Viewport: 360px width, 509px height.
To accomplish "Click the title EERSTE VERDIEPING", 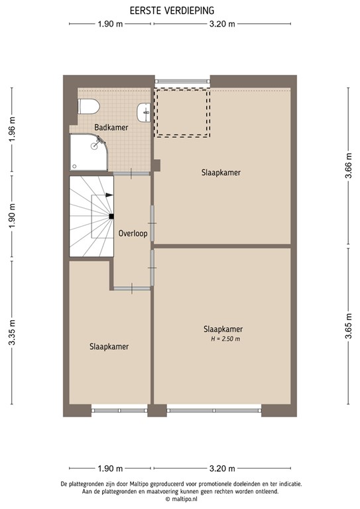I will tap(176, 10).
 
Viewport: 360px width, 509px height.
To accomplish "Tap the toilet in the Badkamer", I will tap(88, 105).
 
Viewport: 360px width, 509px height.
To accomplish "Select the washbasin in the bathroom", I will tap(145, 113).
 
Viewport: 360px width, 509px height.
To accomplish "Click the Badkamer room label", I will tap(111, 127).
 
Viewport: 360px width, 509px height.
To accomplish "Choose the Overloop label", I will tap(132, 234).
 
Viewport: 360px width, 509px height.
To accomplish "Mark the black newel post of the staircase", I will tap(111, 216).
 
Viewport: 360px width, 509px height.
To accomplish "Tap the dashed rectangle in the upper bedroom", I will tap(182, 111).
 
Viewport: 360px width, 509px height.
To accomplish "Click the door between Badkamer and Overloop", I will tap(132, 174).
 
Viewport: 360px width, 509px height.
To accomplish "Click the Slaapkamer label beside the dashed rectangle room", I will tap(221, 172).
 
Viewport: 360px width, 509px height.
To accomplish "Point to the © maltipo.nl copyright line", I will tap(179, 500).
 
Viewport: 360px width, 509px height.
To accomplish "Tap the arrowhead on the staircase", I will tap(109, 195).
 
